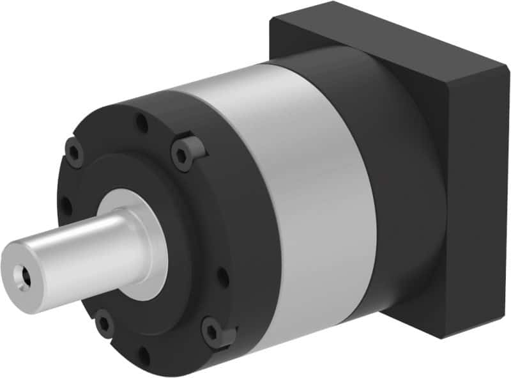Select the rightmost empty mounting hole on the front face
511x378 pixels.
pyautogui.click(x=223, y=276)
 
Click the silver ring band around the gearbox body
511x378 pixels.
pyautogui.click(x=307, y=192)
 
